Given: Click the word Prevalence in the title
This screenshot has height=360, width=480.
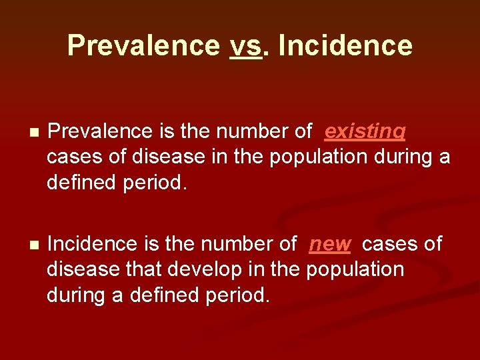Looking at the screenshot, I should point(143,46).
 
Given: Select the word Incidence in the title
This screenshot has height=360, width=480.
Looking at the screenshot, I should point(345,46).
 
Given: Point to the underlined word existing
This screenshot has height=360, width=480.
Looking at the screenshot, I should point(365,131).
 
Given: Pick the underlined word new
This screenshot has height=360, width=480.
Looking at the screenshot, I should point(329,244).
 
